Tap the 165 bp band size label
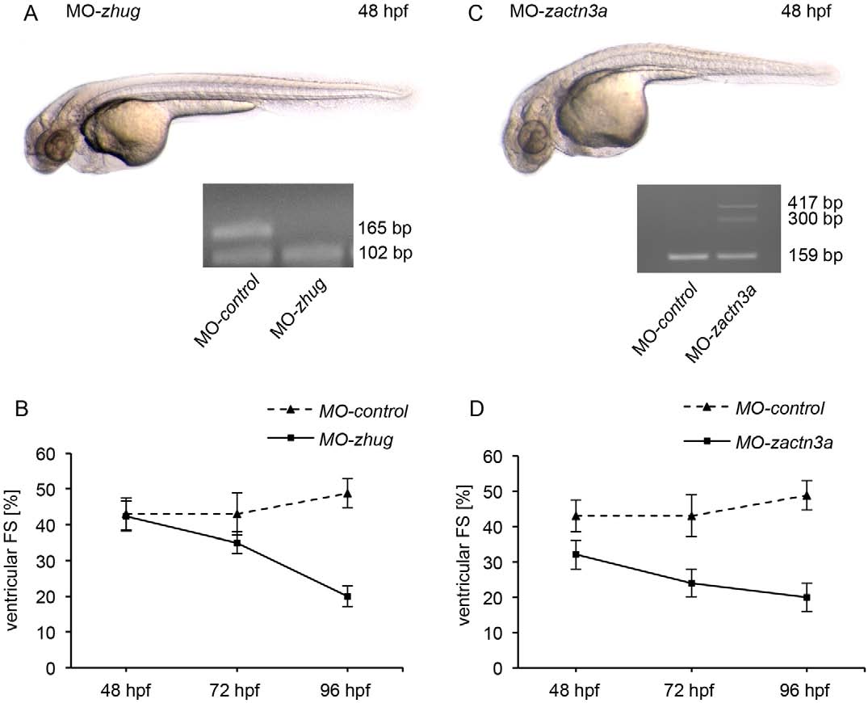coord(386,229)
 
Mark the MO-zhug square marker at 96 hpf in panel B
coord(347,596)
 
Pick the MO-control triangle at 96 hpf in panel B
coord(347,493)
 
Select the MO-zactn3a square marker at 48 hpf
coord(576,554)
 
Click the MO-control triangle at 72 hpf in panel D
coord(691,516)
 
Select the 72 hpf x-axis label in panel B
coord(237,692)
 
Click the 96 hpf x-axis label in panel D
coord(807,692)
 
